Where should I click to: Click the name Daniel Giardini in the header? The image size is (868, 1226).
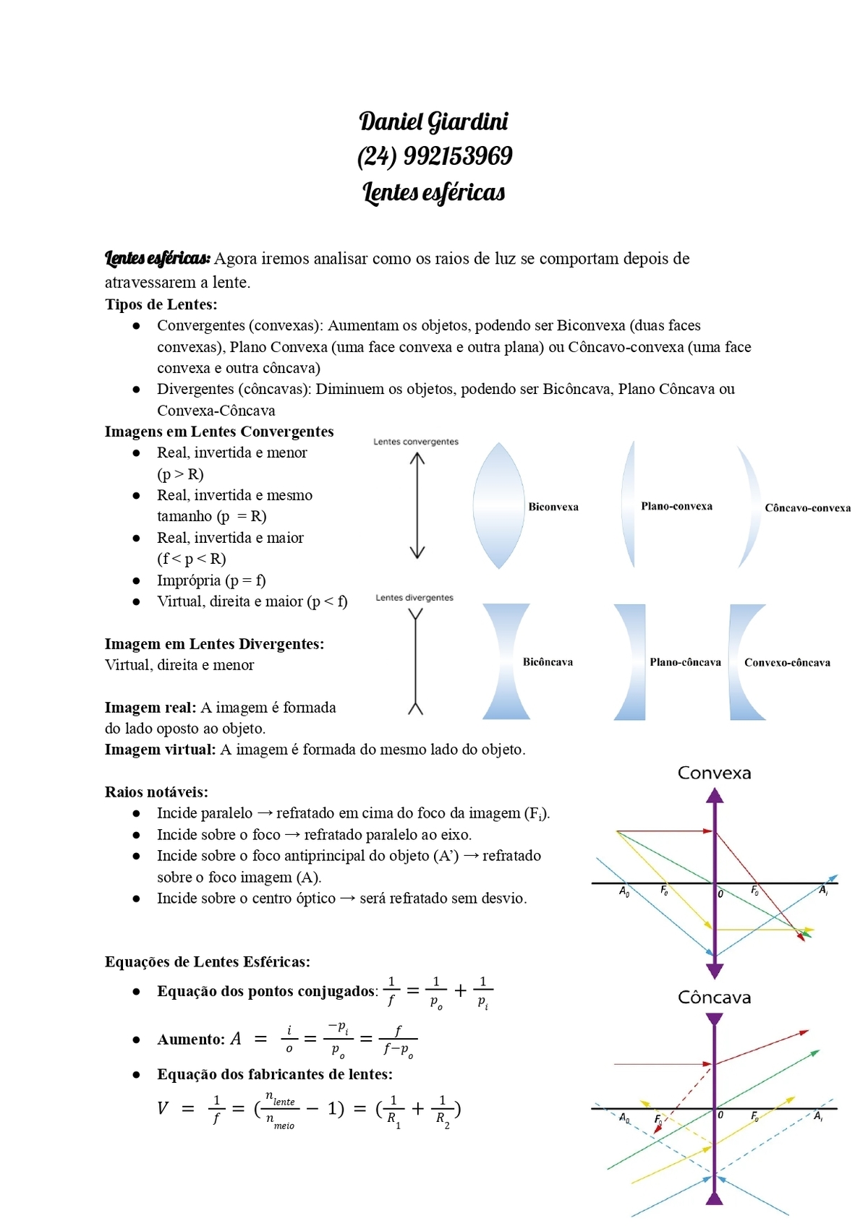(x=433, y=121)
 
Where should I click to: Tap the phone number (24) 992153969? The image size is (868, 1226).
(x=434, y=156)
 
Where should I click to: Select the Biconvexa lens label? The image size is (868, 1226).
(x=553, y=507)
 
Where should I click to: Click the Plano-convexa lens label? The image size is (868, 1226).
(x=676, y=506)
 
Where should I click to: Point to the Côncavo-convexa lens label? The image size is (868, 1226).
(x=807, y=508)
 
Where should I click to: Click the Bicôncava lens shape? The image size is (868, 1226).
(x=506, y=661)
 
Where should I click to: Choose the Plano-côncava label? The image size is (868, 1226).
(x=685, y=662)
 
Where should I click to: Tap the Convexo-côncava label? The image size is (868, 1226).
(x=787, y=663)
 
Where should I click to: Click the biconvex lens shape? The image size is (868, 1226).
(x=498, y=506)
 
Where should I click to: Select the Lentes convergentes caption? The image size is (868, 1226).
(x=416, y=442)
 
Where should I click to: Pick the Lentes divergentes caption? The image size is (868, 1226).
(x=414, y=598)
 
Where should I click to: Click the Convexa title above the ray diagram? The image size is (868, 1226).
(x=714, y=773)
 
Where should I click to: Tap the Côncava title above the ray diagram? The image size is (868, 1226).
(x=714, y=998)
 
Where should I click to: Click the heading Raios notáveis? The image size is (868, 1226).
(x=156, y=792)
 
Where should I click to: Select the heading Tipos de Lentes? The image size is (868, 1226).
(x=161, y=304)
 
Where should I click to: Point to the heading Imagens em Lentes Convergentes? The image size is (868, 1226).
(x=219, y=432)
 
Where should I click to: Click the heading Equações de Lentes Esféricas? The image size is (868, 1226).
(x=208, y=962)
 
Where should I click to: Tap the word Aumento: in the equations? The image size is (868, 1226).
(x=191, y=1039)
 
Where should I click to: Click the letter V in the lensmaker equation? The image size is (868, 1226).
(x=163, y=1108)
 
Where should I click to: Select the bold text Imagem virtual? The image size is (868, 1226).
(x=160, y=750)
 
